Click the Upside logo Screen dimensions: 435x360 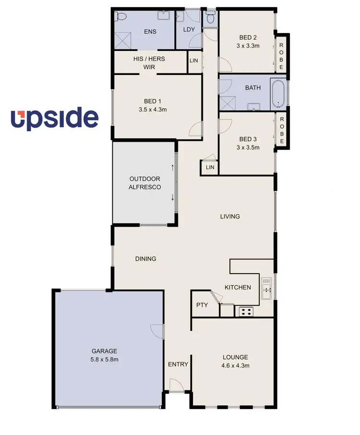click(55, 119)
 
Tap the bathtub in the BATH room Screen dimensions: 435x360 click(278, 94)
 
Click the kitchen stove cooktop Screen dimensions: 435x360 click(246, 312)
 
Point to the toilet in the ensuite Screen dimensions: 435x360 click(121, 17)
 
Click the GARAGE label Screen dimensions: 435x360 click(105, 351)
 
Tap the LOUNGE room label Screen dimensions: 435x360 click(235, 357)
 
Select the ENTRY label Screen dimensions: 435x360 click(178, 364)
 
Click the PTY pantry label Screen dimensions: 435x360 click(202, 305)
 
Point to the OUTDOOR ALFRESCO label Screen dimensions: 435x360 click(145, 183)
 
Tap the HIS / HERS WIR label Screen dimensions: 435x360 click(149, 63)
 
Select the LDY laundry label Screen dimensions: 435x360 click(189, 29)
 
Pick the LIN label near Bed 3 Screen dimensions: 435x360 click(210, 167)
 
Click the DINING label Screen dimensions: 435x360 click(146, 259)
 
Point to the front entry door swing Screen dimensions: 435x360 click(175, 385)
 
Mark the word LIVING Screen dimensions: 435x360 click(230, 217)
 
